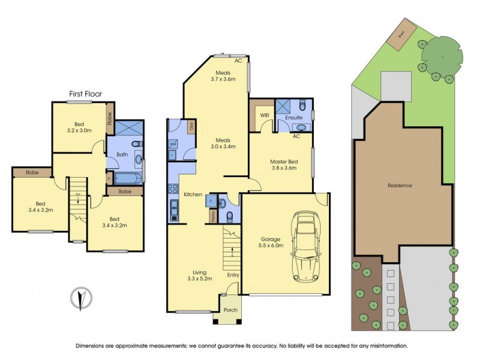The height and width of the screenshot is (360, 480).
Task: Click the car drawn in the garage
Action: point(305,246)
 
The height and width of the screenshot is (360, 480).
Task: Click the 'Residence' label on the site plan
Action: point(400,185)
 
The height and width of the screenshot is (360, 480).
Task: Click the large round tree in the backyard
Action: point(442,56)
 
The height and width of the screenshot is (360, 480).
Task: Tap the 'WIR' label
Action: point(263,115)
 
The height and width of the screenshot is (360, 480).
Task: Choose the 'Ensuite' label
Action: point(293,118)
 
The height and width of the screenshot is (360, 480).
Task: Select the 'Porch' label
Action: point(230,310)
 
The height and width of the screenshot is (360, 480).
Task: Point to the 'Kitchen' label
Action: point(192,194)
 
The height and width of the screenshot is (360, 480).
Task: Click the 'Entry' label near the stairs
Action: point(233,275)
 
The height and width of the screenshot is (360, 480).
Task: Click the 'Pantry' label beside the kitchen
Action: point(214,216)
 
